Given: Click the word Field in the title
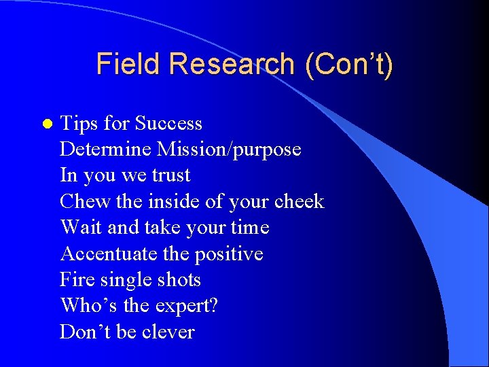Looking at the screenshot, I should coord(129,64).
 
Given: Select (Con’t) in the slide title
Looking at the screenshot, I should coord(348,64).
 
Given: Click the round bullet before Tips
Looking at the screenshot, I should coord(46,124).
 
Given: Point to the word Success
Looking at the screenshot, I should coord(168,124).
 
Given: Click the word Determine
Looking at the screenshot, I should coord(106,150).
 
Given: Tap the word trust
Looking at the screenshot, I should coord(170,175).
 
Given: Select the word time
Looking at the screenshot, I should coord(250,228).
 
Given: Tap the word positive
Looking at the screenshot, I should coord(229,254).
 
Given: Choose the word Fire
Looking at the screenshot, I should coord(77,280).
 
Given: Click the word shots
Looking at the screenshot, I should coord(179,280).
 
